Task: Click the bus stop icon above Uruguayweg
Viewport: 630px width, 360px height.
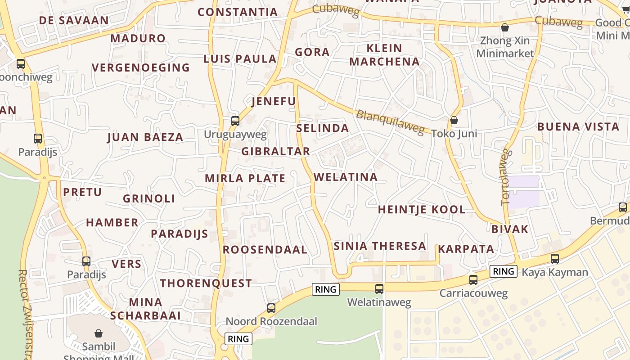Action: [x=235, y=121]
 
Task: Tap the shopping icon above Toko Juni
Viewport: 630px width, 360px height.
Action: [x=454, y=120]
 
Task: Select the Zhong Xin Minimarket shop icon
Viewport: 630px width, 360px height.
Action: [x=505, y=28]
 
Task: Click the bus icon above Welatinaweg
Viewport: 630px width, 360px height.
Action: [x=379, y=288]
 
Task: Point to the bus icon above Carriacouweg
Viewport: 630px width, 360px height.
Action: [x=473, y=279]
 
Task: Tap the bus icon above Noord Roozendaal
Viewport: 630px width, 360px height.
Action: [x=271, y=308]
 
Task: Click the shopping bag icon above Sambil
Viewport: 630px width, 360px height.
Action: [x=99, y=333]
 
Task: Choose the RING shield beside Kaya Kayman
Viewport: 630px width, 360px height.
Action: [x=504, y=271]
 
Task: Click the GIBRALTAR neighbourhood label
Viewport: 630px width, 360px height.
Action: [x=275, y=152]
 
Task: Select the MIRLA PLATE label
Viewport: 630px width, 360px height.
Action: [x=245, y=179]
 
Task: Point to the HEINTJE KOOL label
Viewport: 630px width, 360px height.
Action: [x=422, y=210]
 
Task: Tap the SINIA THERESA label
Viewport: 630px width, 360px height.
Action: [x=380, y=246]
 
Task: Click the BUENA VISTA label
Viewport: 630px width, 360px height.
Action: [x=578, y=127]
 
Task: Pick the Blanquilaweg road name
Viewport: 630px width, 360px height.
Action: [x=390, y=122]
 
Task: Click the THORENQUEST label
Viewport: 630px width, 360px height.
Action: [x=206, y=283]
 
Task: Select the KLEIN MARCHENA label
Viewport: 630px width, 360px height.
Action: [x=384, y=55]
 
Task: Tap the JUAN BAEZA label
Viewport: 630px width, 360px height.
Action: [x=145, y=138]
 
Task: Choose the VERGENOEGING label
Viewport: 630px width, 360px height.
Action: [x=141, y=68]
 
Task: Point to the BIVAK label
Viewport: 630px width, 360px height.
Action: [x=510, y=229]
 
